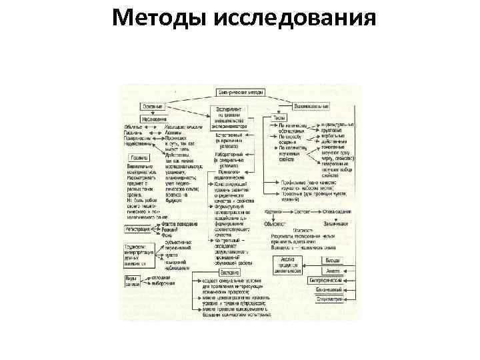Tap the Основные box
[x=153, y=105]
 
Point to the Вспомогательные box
[x=311, y=106]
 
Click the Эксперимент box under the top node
[x=231, y=115]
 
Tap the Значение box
[x=229, y=271]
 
